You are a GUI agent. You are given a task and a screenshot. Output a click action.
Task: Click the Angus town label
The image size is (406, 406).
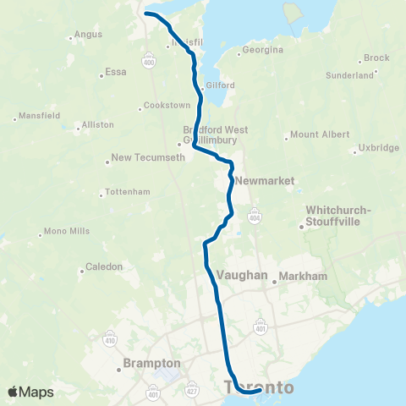(x=88, y=35)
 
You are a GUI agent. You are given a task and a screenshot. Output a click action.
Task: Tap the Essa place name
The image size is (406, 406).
(x=114, y=73)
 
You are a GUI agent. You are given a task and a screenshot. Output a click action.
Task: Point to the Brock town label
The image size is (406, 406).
(x=376, y=58)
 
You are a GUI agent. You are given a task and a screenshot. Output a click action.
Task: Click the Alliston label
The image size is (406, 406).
(x=97, y=124)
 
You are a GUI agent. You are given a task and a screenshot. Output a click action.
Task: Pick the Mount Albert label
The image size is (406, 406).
(x=318, y=135)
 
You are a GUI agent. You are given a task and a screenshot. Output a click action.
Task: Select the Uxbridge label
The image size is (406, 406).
(x=378, y=148)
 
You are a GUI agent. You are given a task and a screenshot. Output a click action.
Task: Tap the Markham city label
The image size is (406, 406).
(x=302, y=277)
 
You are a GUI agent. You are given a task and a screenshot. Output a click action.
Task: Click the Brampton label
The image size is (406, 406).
(x=146, y=363)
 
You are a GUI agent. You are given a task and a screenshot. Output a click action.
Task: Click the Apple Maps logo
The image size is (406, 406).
(x=30, y=392)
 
